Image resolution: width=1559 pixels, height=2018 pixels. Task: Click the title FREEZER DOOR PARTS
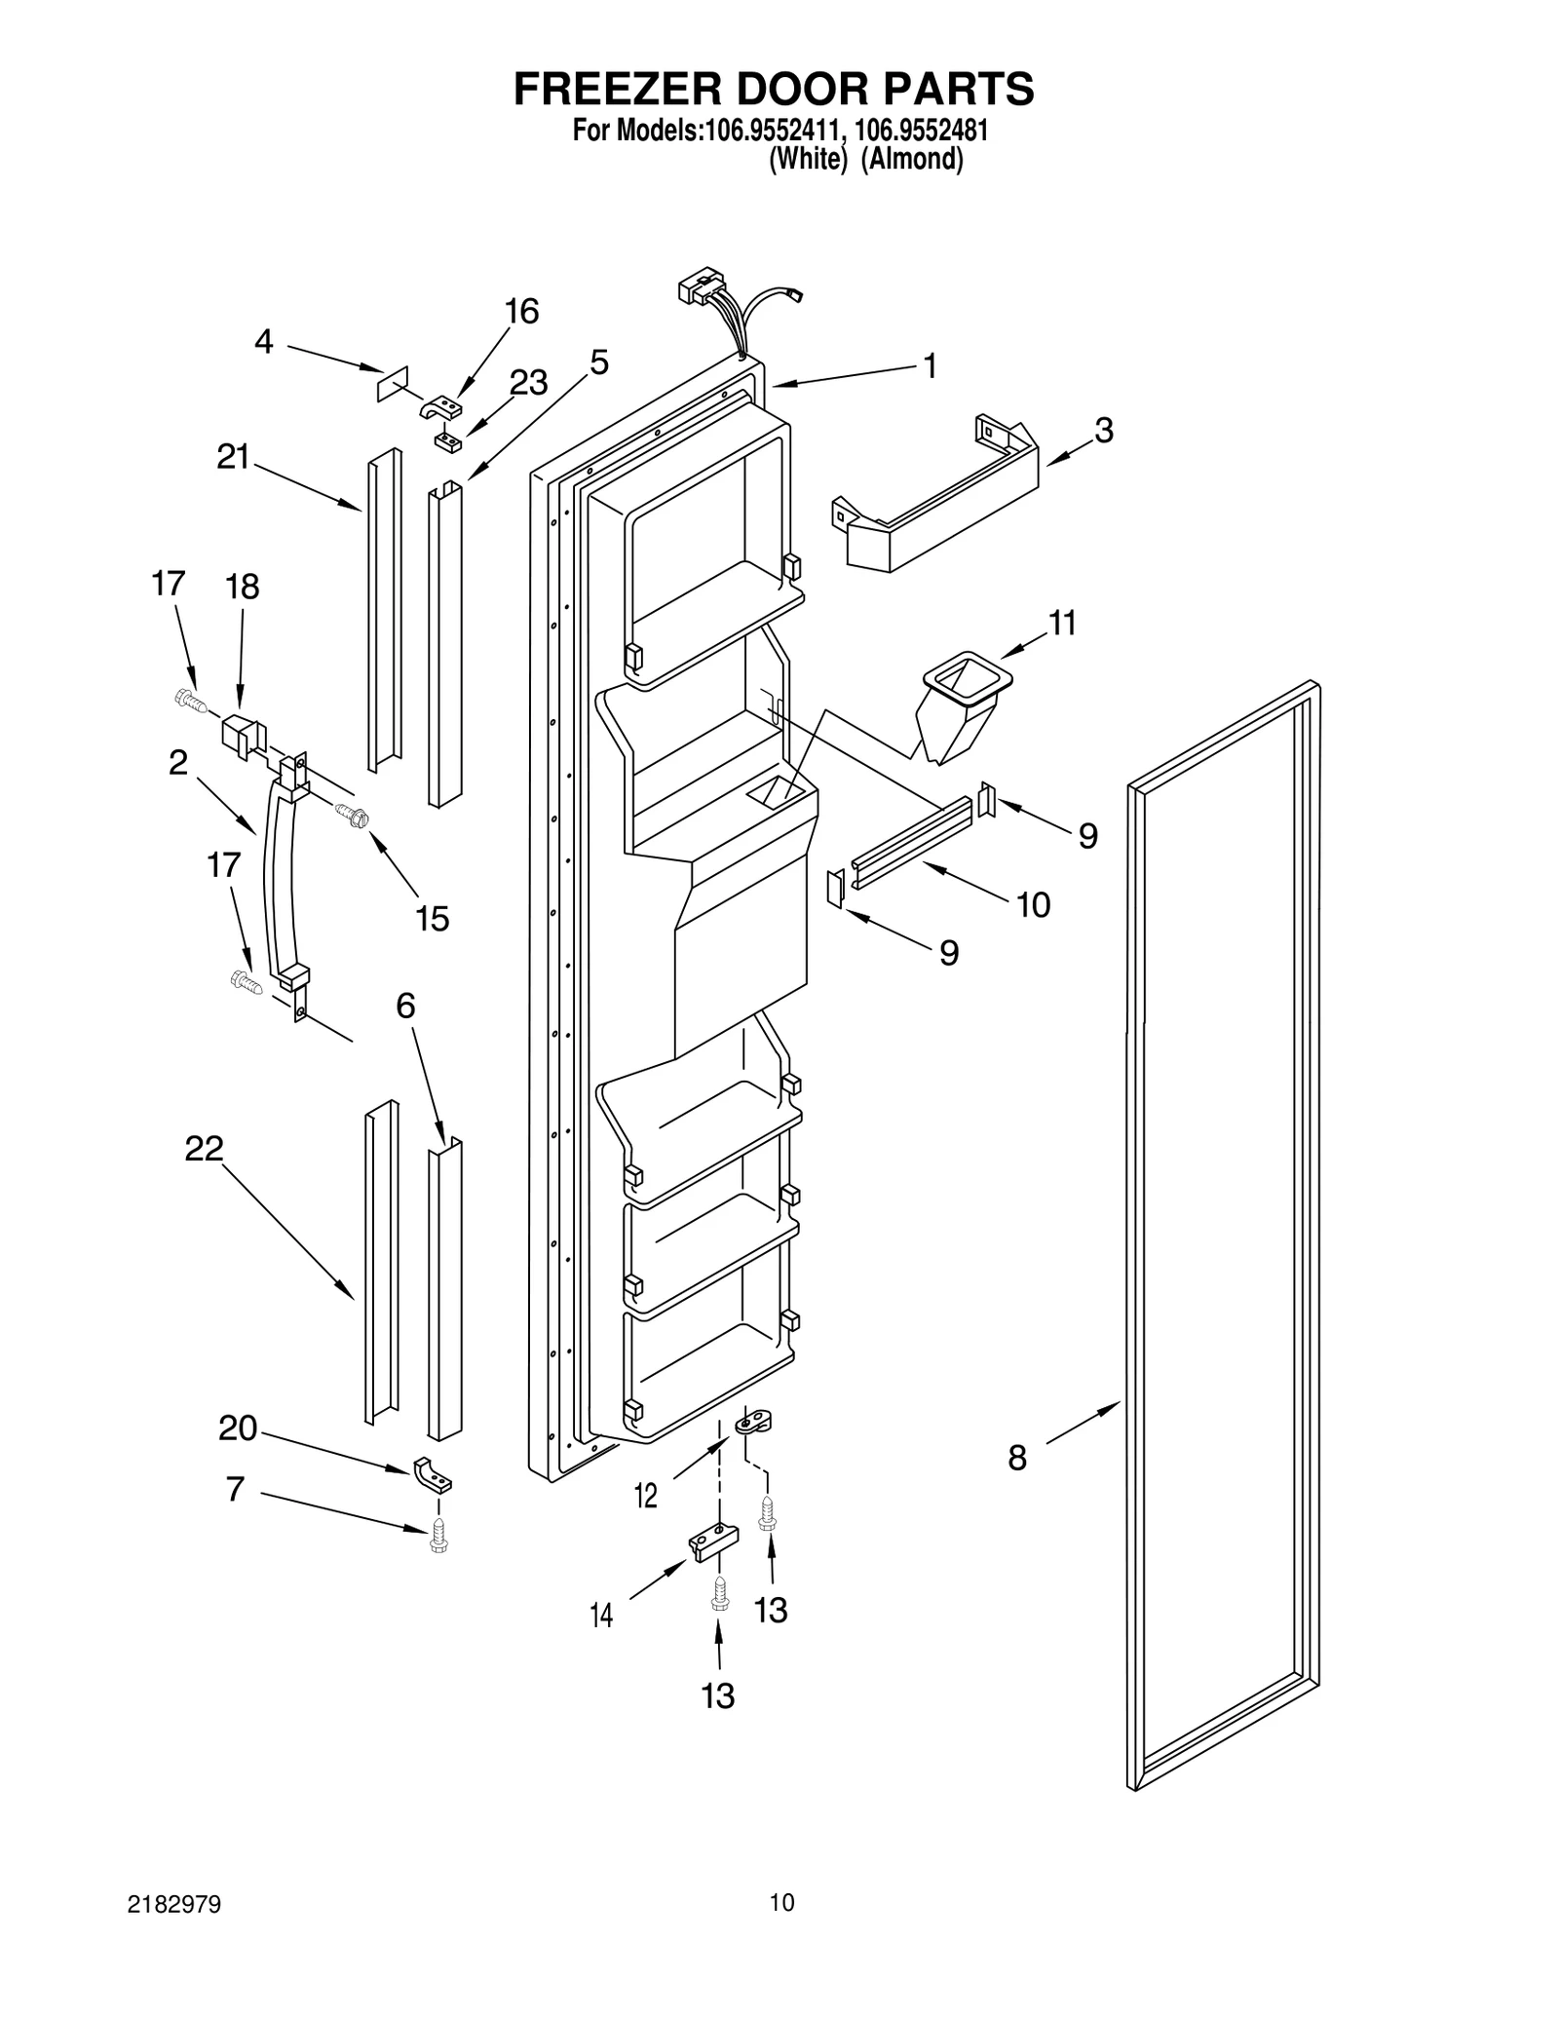(774, 89)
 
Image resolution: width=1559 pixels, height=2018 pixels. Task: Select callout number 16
(521, 312)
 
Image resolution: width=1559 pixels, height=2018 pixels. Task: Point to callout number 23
(528, 383)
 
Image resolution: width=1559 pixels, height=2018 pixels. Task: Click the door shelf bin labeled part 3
(935, 497)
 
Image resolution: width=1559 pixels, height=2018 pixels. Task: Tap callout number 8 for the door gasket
(1017, 1459)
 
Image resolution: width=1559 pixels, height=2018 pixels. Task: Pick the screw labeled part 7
(437, 1536)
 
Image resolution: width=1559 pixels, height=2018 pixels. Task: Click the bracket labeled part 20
(434, 1476)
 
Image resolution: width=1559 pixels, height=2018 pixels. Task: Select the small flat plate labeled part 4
(393, 384)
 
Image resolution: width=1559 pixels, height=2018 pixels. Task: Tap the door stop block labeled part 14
(713, 1542)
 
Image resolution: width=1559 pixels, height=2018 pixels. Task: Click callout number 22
(205, 1149)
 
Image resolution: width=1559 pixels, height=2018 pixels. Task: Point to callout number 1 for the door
(930, 366)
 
